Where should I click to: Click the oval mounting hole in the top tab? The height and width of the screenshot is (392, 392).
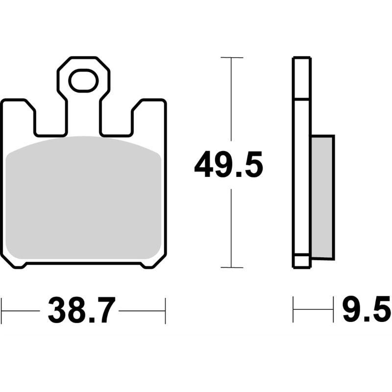(83, 81)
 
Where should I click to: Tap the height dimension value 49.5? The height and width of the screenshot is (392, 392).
(228, 165)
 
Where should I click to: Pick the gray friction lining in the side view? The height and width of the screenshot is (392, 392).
(322, 196)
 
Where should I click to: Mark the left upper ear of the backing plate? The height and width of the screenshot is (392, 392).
(18, 115)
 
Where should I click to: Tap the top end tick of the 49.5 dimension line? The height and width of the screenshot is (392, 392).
(231, 58)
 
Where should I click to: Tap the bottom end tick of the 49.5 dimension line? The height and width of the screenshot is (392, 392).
(231, 268)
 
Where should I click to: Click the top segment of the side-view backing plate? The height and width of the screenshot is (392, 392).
(301, 78)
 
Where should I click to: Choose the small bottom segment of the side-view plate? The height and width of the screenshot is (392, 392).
(301, 261)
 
